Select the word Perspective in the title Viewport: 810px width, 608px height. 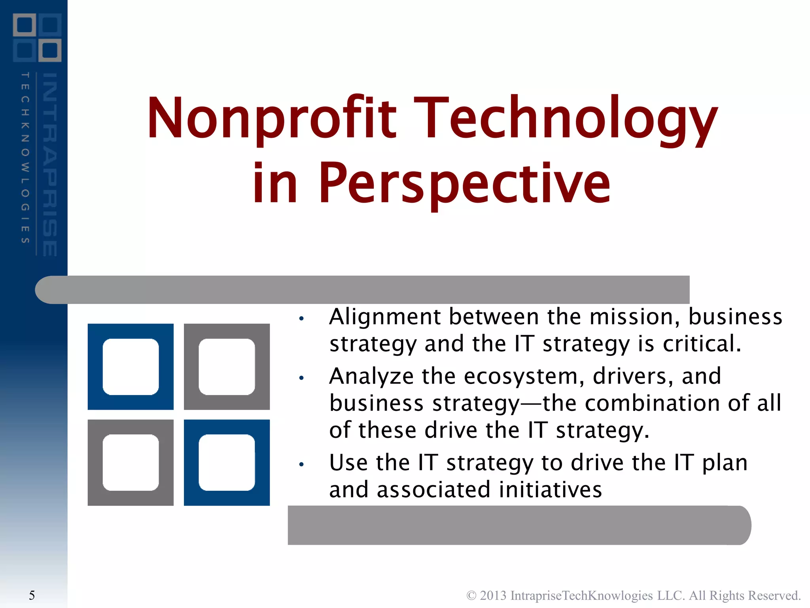(x=464, y=184)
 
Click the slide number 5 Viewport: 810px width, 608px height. (x=32, y=595)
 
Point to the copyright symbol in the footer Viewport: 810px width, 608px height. (x=471, y=595)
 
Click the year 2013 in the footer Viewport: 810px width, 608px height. (x=493, y=595)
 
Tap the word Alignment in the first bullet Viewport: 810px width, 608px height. (x=385, y=317)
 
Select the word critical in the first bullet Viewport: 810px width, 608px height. (x=701, y=344)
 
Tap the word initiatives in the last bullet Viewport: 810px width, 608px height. (x=550, y=490)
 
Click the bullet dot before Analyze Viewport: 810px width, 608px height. (x=301, y=378)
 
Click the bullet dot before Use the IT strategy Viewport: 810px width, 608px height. (x=301, y=464)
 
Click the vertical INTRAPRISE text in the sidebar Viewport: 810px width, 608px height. (x=50, y=164)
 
